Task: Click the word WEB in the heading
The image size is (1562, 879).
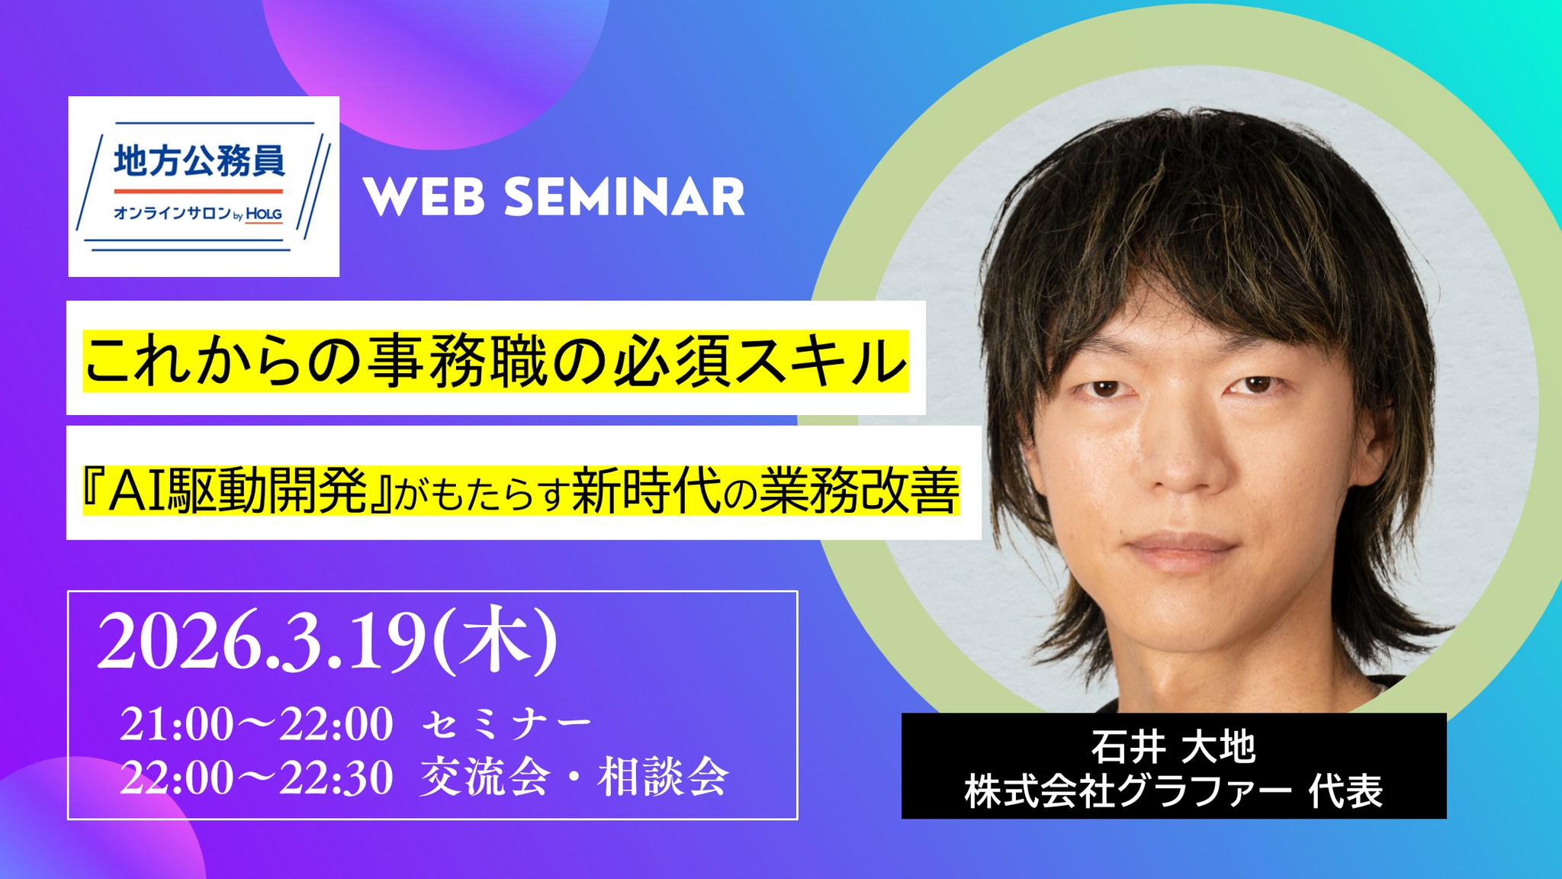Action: coord(424,198)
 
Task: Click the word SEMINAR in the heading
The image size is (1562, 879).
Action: coord(625,198)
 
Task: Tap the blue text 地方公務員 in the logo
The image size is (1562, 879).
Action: coord(200,161)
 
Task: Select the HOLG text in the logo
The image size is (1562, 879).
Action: coord(264,214)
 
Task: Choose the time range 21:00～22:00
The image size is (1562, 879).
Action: coord(256,723)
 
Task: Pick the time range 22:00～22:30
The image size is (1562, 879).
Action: coord(256,778)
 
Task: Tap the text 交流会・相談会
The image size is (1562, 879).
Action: coord(574,777)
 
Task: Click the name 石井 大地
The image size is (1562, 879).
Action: coord(1173,746)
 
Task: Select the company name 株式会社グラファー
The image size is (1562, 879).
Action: coord(1128,791)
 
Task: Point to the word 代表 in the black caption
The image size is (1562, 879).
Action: coord(1346,791)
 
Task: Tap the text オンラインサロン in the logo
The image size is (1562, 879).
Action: coord(172,214)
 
